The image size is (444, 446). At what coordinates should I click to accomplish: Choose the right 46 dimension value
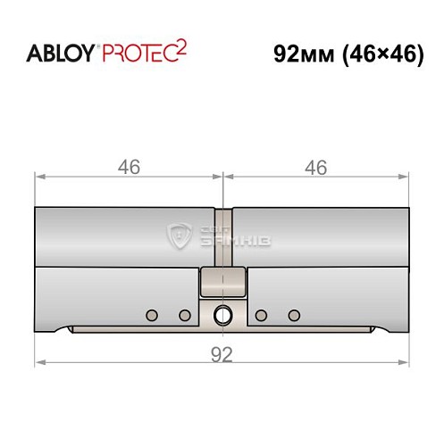315,167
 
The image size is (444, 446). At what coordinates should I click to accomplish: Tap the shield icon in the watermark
180,236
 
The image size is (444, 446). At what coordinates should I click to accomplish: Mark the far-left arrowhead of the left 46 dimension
39,177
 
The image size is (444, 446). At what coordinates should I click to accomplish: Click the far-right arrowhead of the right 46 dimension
406,177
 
